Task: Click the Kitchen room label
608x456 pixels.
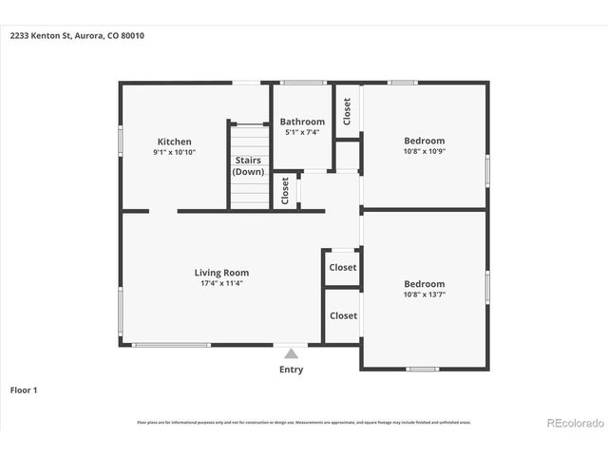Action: pos(174,142)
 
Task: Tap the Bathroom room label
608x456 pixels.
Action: pos(302,122)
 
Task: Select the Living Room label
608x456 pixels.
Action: pos(223,273)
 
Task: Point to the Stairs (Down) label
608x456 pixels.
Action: pos(248,165)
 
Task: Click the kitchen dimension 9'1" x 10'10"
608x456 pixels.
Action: pos(174,152)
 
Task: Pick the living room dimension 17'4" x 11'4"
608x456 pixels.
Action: pos(223,283)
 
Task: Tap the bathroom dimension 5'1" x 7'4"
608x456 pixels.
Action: pos(302,132)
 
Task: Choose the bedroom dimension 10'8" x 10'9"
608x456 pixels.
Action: pos(424,151)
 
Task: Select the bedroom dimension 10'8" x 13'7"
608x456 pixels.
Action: pos(424,294)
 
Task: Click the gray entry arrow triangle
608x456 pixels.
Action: pos(291,352)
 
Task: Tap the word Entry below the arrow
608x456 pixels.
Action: pos(291,370)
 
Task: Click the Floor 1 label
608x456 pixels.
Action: pos(24,389)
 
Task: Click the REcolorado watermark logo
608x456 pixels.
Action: pos(574,422)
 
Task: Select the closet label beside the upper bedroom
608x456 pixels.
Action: pos(348,112)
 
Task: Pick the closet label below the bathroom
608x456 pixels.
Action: pos(285,191)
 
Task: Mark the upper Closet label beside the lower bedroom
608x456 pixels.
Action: pos(343,267)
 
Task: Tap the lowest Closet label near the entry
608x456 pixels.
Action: pos(343,315)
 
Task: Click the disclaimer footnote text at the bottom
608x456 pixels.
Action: pos(303,422)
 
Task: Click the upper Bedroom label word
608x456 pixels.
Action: pos(424,141)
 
